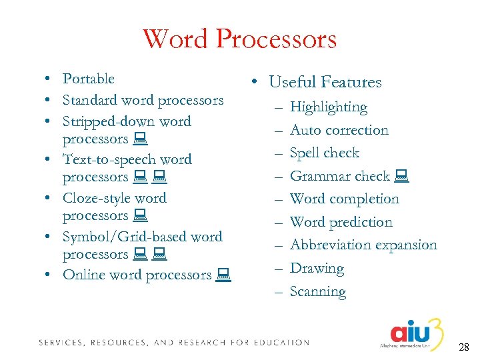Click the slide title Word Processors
click(239, 39)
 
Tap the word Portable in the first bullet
click(89, 79)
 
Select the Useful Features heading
click(325, 82)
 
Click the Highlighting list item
click(329, 107)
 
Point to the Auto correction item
click(339, 130)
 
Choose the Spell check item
click(325, 153)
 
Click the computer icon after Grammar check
click(401, 177)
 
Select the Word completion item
click(345, 199)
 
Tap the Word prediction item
click(341, 222)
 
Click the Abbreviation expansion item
click(363, 245)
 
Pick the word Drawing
click(317, 268)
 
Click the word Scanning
click(318, 291)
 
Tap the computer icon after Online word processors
click(223, 274)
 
